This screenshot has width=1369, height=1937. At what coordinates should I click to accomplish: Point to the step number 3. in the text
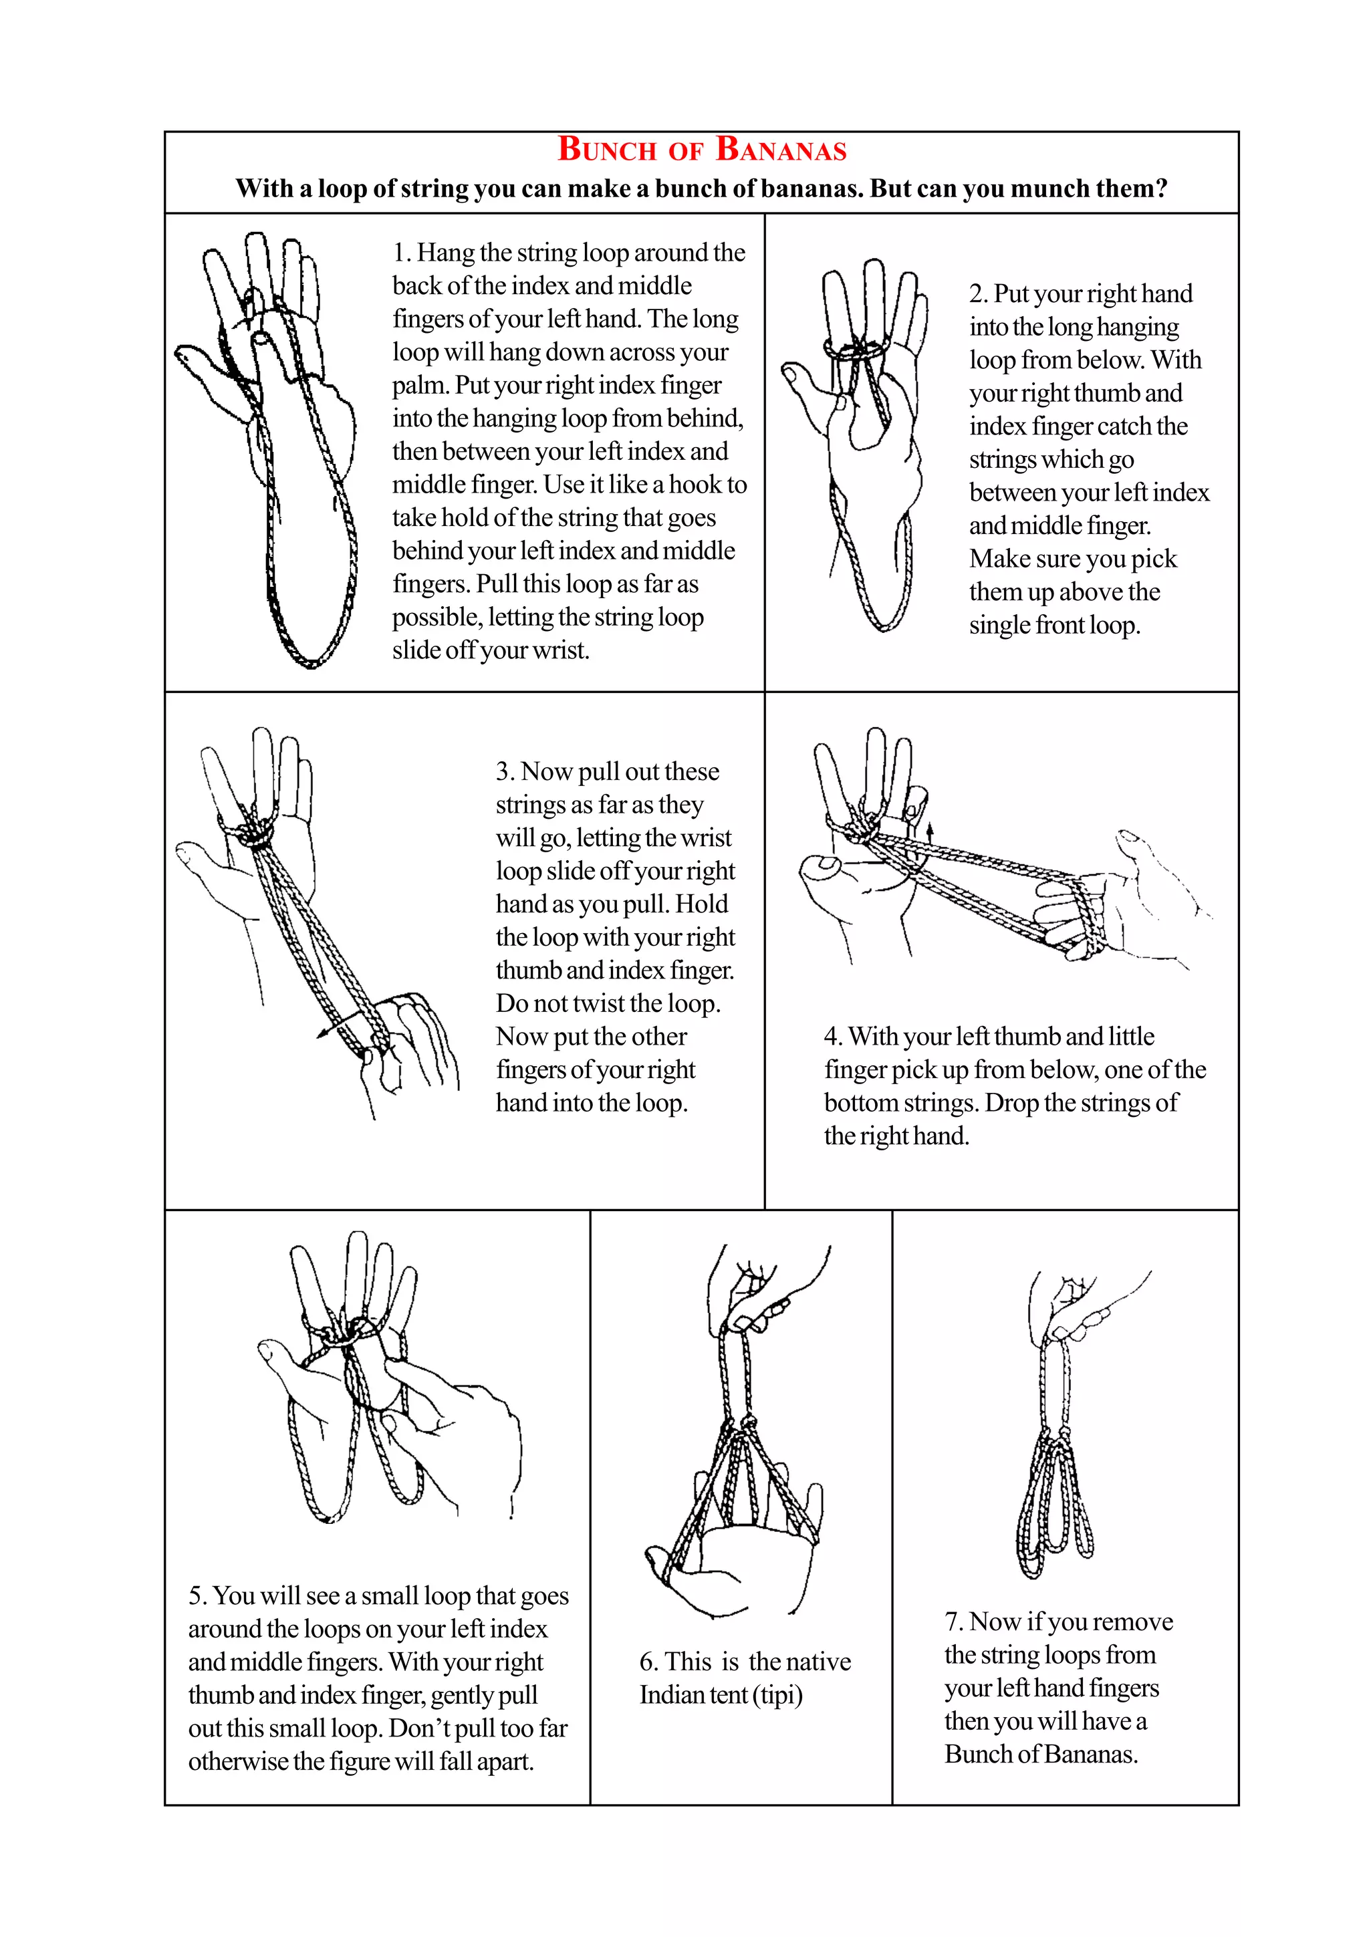(505, 772)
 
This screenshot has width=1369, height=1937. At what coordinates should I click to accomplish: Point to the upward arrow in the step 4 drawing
(930, 830)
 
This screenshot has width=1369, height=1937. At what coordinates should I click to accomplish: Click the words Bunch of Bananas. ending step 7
(1041, 1754)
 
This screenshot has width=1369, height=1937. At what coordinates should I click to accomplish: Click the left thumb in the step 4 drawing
(818, 866)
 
